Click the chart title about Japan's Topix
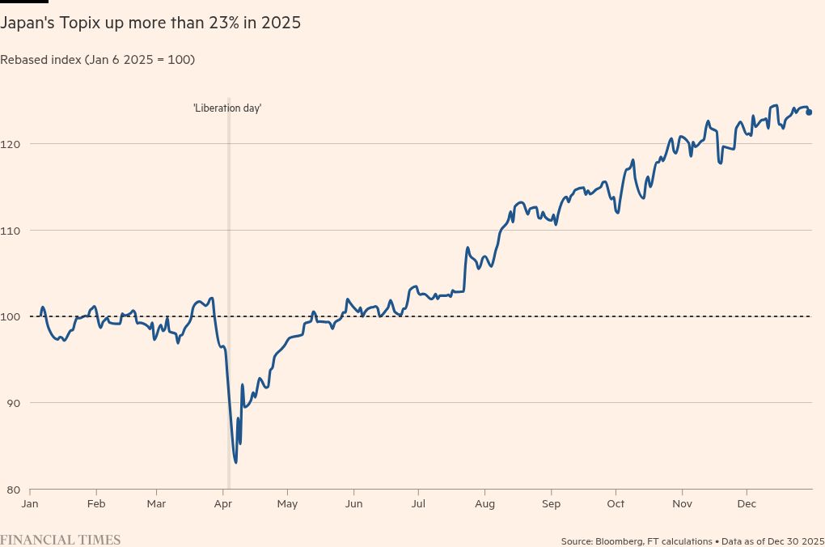point(150,23)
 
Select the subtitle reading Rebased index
point(97,60)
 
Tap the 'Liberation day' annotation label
point(227,108)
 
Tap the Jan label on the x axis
point(30,504)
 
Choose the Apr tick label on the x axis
point(223,504)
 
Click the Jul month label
point(417,504)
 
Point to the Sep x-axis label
point(551,504)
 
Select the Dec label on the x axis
point(746,504)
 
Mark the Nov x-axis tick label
point(682,504)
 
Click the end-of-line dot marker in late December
point(809,112)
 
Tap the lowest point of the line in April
point(235,462)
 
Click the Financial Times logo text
point(61,540)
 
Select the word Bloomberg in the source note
point(620,541)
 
